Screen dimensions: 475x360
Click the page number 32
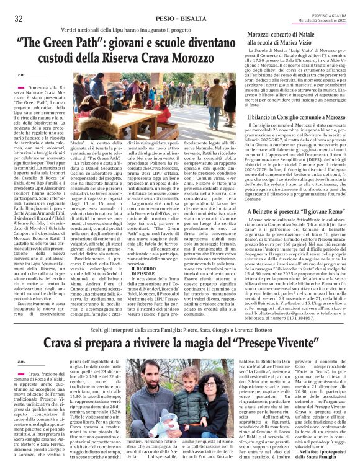pos(19,18)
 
